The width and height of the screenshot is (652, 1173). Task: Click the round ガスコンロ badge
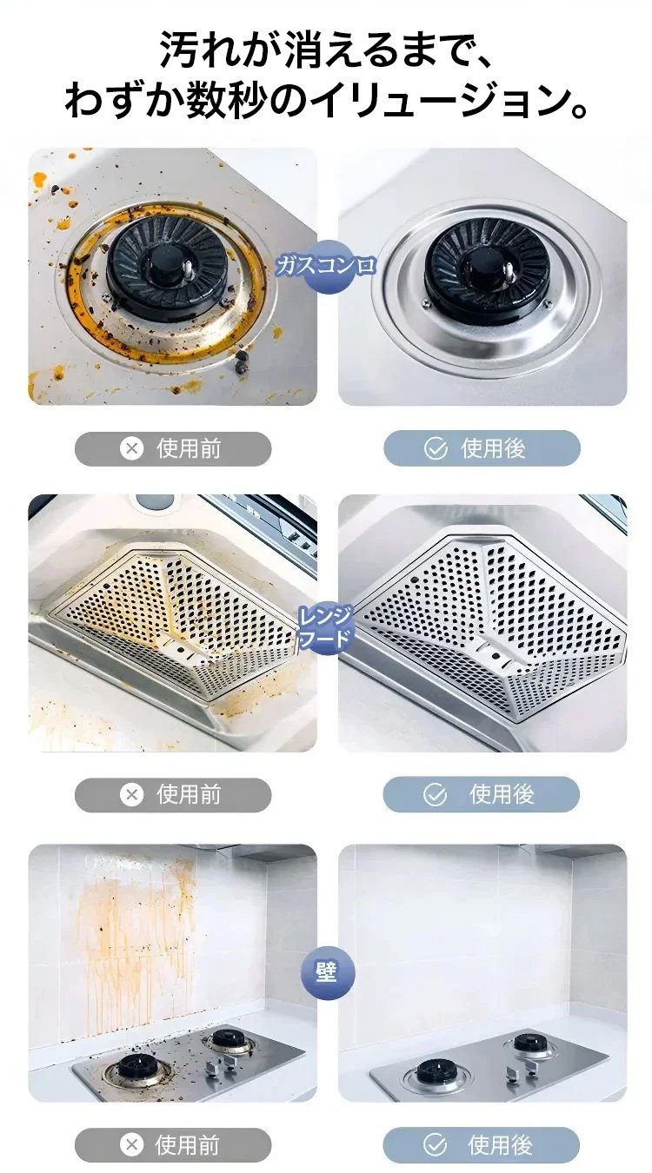(x=327, y=267)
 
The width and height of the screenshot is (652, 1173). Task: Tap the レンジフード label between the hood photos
(x=325, y=626)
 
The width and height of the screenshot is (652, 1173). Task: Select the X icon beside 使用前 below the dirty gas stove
(x=131, y=448)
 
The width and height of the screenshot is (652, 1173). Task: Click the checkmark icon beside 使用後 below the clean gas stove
(x=435, y=448)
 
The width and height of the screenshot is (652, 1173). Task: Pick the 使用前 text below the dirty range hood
(x=189, y=794)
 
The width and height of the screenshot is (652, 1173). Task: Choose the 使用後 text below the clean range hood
(x=502, y=794)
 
